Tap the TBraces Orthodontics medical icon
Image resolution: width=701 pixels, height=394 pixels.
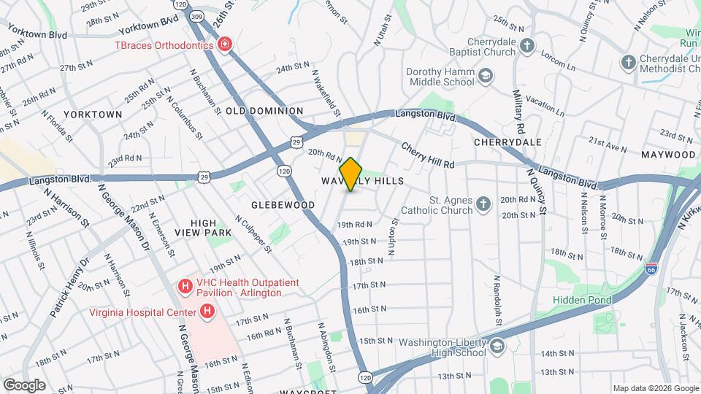(x=226, y=45)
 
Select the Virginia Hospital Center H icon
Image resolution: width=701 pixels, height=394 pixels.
(x=208, y=312)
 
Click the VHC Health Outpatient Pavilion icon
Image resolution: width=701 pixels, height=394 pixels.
(x=185, y=286)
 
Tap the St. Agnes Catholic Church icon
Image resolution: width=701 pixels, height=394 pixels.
(x=483, y=204)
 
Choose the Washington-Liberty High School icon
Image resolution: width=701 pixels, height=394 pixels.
(x=497, y=346)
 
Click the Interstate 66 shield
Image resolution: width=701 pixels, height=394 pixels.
(x=652, y=267)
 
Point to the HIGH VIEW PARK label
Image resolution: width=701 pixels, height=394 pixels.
(x=203, y=228)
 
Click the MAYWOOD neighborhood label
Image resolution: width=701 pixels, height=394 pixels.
(x=668, y=155)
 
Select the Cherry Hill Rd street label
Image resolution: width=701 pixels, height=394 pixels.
(x=428, y=154)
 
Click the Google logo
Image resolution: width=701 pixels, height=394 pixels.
(x=24, y=385)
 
